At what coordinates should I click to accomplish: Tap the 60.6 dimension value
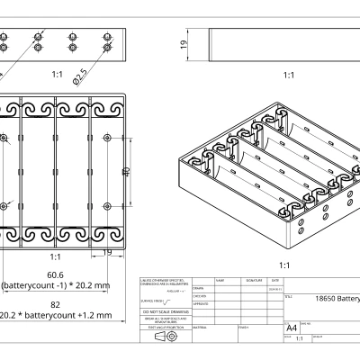tap(56, 274)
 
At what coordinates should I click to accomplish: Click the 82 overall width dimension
tap(56, 305)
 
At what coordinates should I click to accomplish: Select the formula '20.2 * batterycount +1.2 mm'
tap(56, 316)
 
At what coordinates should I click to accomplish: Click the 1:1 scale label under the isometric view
tap(284, 265)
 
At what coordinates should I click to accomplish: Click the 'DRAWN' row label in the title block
tap(198, 288)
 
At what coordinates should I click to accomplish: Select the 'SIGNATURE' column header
tap(254, 281)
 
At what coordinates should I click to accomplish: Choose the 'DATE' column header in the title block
tap(274, 281)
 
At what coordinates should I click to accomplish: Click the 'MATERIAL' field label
tap(199, 328)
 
